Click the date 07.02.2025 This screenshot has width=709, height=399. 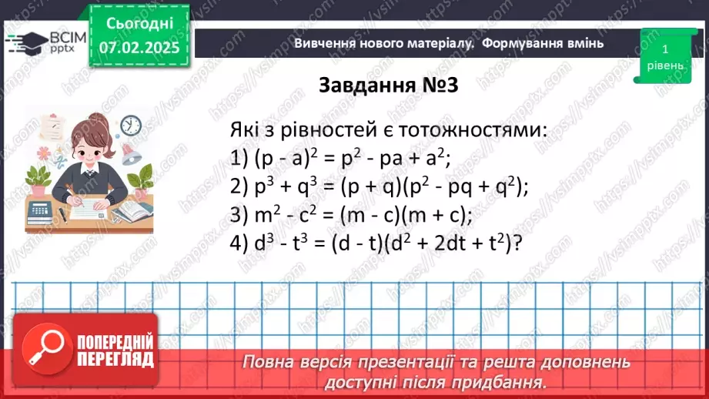139,46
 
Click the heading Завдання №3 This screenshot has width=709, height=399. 388,85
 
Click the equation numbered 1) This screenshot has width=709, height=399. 339,158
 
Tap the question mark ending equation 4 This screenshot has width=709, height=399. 519,243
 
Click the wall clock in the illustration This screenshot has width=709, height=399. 131,126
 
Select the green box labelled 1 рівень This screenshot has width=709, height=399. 664,55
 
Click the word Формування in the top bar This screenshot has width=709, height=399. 523,43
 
